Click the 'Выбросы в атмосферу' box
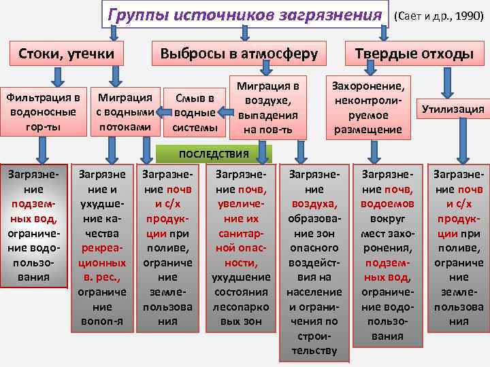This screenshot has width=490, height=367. coord(238,54)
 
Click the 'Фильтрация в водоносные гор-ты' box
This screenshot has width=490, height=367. coord(43,109)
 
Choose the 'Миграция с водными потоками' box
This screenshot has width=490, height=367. coord(125,109)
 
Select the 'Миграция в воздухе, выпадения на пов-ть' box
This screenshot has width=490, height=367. coord(267,106)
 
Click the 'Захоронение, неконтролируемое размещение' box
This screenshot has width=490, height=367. coord(368,106)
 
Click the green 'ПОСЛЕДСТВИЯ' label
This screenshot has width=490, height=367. coord(214,154)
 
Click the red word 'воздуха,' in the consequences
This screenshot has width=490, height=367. coord(314,203)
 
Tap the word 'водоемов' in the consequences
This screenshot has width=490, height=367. coord(387,203)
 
